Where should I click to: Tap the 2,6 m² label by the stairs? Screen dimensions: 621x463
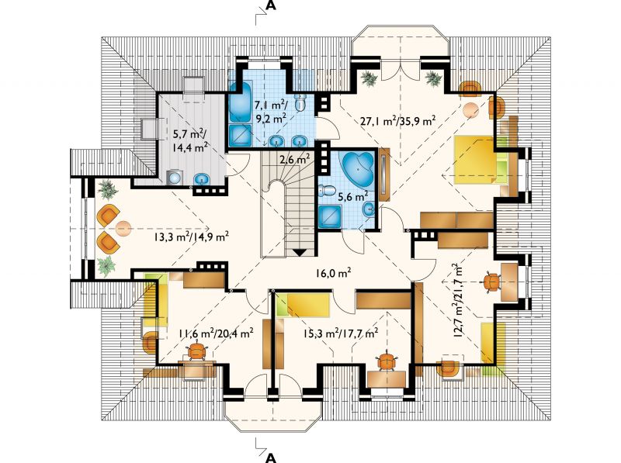(x=295, y=160)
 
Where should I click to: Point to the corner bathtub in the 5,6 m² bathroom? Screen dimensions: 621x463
(x=358, y=169)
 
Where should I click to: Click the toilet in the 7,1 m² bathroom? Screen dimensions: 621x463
(x=302, y=102)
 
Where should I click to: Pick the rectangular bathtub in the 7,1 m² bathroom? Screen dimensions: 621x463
(x=239, y=102)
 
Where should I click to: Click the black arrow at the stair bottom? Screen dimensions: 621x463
(x=299, y=253)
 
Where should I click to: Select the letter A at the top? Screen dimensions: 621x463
(x=271, y=5)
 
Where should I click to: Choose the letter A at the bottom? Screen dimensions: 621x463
(x=271, y=458)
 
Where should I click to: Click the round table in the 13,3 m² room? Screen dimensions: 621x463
(x=123, y=228)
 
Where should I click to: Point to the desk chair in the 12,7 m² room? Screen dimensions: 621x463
(x=491, y=282)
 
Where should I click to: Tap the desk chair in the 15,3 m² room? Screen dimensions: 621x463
(x=387, y=361)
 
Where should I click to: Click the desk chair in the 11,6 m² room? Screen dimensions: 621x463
(x=197, y=351)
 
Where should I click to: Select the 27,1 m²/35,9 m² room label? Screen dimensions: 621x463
(x=398, y=120)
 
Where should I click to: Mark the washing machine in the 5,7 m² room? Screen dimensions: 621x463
(x=173, y=178)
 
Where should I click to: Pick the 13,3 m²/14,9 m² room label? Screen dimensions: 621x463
(x=191, y=237)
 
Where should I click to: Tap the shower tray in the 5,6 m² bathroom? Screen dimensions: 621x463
(x=329, y=216)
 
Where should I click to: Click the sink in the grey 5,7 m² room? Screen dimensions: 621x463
(x=203, y=180)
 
